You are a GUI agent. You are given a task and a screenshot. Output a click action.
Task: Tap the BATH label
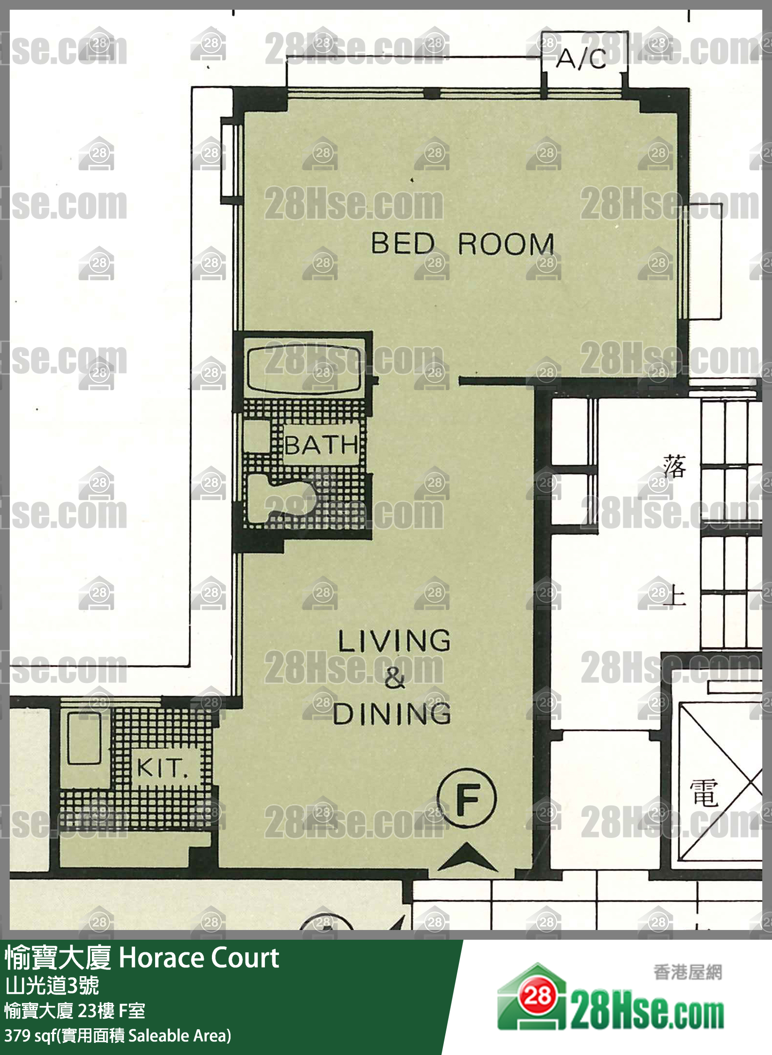(321, 445)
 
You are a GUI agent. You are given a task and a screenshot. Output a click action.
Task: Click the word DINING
(392, 714)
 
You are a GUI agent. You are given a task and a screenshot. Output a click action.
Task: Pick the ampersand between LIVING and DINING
(394, 677)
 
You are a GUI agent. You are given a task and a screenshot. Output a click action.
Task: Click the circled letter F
(467, 798)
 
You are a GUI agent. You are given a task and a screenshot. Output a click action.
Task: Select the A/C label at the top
(581, 59)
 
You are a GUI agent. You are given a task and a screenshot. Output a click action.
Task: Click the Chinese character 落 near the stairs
(675, 466)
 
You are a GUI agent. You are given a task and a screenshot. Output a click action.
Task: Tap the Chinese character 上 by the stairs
(675, 594)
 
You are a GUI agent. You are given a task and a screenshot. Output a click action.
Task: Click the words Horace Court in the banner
(199, 958)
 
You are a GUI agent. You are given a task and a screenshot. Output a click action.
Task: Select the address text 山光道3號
(52, 985)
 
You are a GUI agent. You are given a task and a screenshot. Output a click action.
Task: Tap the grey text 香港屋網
(687, 972)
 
